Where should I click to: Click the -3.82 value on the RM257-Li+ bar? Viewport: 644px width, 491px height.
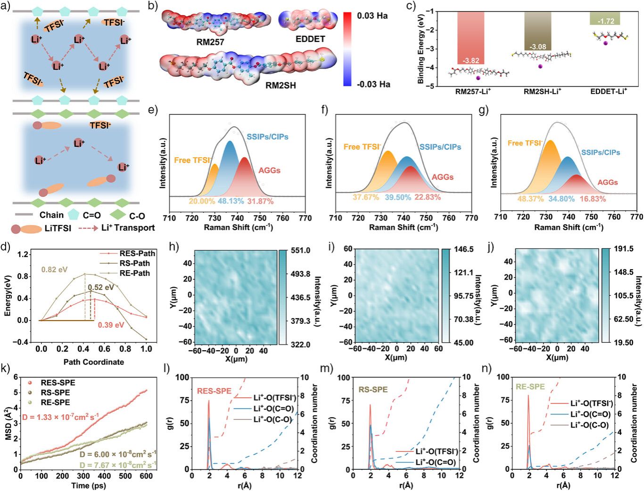coord(471,60)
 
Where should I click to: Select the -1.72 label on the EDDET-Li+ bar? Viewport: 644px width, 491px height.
coord(606,21)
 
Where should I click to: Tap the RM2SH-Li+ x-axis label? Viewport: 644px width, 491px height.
coord(542,91)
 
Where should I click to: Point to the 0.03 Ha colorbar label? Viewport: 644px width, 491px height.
coord(372,16)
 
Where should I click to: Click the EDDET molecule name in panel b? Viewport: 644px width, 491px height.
coord(310,39)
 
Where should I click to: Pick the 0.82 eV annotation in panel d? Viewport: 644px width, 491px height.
coord(54,270)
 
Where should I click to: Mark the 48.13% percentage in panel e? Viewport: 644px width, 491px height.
coord(231,201)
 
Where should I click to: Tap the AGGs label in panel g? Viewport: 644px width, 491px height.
coord(608,182)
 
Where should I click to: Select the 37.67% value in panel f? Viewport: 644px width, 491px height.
coord(366,197)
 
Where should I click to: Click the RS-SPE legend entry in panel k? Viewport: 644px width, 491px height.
coord(55,393)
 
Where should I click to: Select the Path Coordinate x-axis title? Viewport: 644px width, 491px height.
coord(94,362)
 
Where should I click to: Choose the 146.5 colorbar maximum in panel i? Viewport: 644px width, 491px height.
coord(464,249)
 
